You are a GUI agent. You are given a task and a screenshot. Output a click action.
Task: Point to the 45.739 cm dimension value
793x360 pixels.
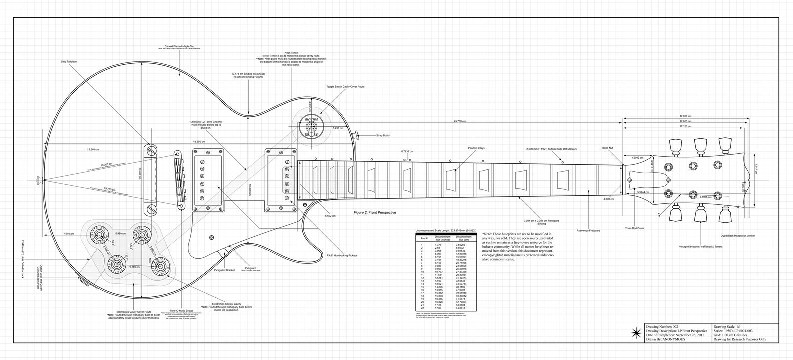(460, 121)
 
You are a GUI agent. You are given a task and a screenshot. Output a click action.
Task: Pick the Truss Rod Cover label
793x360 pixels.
(634, 228)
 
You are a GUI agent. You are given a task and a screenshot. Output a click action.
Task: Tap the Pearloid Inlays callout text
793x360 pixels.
(476, 148)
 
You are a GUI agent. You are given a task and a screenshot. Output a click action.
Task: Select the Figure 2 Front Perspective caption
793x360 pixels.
(374, 212)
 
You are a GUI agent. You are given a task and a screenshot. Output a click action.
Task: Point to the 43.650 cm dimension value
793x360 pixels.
(199, 142)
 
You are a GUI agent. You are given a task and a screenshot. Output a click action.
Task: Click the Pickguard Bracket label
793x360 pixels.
(225, 270)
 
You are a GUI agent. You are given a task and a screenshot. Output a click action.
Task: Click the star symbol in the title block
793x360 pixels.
(636, 333)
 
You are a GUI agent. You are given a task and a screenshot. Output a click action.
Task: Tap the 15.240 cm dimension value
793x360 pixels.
(93, 149)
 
